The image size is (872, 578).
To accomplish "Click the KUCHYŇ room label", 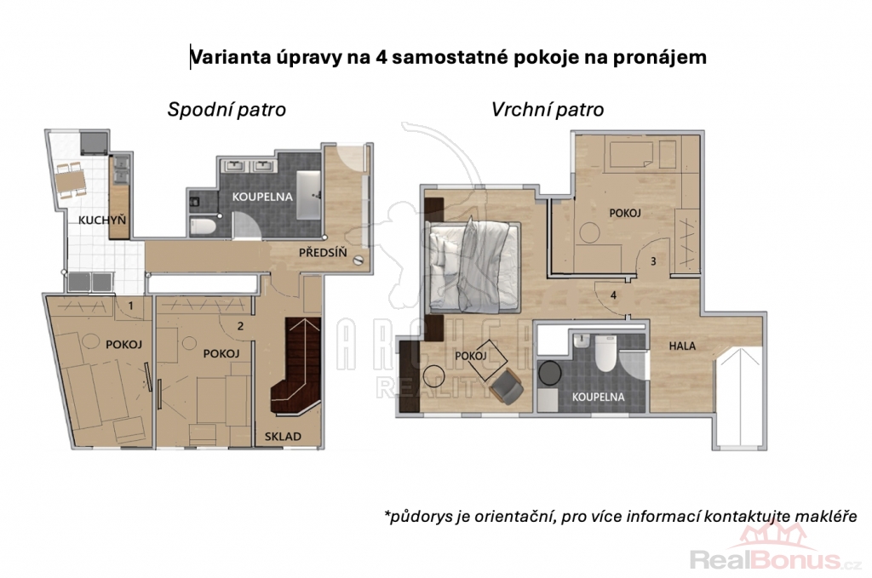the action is pos(102,220).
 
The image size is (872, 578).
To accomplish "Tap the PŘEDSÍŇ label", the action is pos(323,253).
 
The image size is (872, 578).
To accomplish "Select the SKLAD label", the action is pos(283,437).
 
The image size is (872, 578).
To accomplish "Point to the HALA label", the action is pos(682,346).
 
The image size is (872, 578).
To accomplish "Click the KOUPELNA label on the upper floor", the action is pos(599,398).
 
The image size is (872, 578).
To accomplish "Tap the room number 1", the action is pos(131,306).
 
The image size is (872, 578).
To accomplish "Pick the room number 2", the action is pos(240,326).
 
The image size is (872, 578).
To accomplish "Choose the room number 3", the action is pos(653,261).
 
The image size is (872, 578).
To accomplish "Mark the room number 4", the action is pos(613,295).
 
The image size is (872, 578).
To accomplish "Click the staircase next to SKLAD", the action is pos(295,366).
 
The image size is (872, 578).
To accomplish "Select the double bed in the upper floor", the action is pos(472,266).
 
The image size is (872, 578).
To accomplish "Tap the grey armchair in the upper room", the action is pos(508,386).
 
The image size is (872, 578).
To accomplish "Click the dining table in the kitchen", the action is pos(70,180).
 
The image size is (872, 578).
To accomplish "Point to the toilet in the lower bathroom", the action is pos(203,226).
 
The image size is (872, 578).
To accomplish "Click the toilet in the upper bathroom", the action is pos(605,353).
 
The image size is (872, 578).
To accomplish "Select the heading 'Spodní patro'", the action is pos(227,110).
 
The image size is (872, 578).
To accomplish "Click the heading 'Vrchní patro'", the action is pos(548,110).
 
